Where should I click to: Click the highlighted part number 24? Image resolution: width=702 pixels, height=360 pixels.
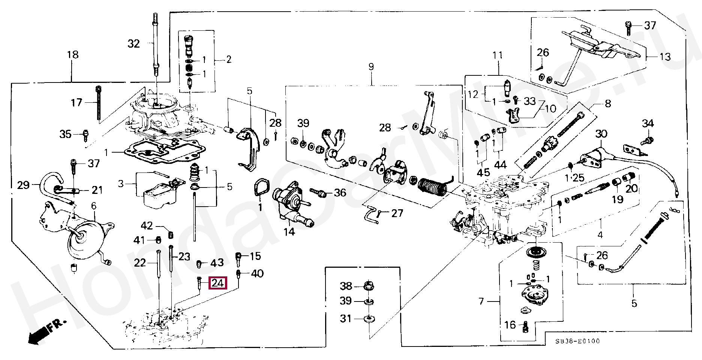point(218,283)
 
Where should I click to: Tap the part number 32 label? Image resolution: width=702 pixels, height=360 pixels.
point(133,44)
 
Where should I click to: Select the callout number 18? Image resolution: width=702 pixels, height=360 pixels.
point(73,55)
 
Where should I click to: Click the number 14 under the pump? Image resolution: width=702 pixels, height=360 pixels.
point(289,232)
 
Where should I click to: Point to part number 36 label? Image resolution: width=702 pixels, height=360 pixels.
point(340,193)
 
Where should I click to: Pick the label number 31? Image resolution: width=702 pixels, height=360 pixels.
point(346,318)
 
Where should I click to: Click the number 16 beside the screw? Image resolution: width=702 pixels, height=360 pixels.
point(510,325)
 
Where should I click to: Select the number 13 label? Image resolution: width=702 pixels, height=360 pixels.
point(665,57)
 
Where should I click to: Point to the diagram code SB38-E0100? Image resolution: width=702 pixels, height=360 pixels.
point(577,341)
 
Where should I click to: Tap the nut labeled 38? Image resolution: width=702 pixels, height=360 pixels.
point(369,286)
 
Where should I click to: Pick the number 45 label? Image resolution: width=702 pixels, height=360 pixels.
point(483,172)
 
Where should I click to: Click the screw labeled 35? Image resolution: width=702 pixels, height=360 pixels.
point(85,134)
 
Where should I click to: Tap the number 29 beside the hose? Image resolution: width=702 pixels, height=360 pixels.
point(23,185)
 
